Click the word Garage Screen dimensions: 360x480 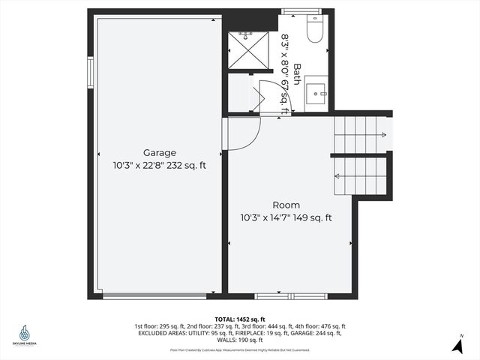[x=160, y=152]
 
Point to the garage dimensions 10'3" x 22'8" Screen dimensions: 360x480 [x=133, y=166]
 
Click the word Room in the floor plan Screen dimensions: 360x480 [x=286, y=205]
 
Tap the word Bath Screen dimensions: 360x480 [x=297, y=73]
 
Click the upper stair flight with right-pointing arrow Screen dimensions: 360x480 [x=362, y=133]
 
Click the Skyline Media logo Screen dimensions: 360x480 [x=25, y=335]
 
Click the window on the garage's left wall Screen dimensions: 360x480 [x=90, y=73]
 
